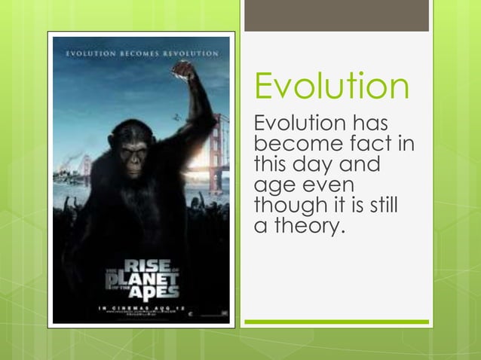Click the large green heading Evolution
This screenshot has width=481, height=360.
(x=332, y=87)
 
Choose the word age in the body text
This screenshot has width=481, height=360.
(x=272, y=185)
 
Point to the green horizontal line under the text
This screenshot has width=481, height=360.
(x=336, y=322)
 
